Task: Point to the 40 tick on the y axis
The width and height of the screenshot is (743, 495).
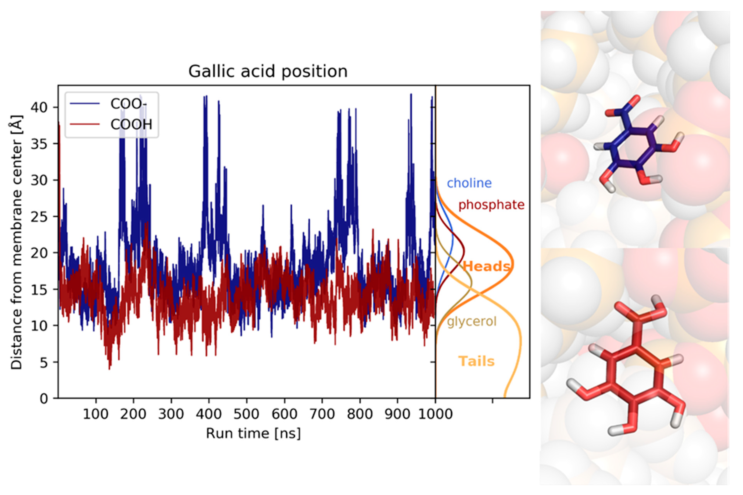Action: click(x=39, y=107)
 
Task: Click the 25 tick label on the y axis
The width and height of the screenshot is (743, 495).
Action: click(x=39, y=217)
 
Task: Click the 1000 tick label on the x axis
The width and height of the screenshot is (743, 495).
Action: click(x=435, y=413)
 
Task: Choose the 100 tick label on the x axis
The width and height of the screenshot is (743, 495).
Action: click(x=95, y=413)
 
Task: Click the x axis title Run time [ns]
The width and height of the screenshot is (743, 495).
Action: click(x=253, y=433)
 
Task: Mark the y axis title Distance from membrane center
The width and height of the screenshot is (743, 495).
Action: click(x=16, y=242)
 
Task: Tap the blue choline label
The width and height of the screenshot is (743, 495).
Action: click(x=469, y=183)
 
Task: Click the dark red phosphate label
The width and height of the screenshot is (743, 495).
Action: click(x=491, y=205)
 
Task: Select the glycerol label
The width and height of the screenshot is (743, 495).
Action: click(x=472, y=321)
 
